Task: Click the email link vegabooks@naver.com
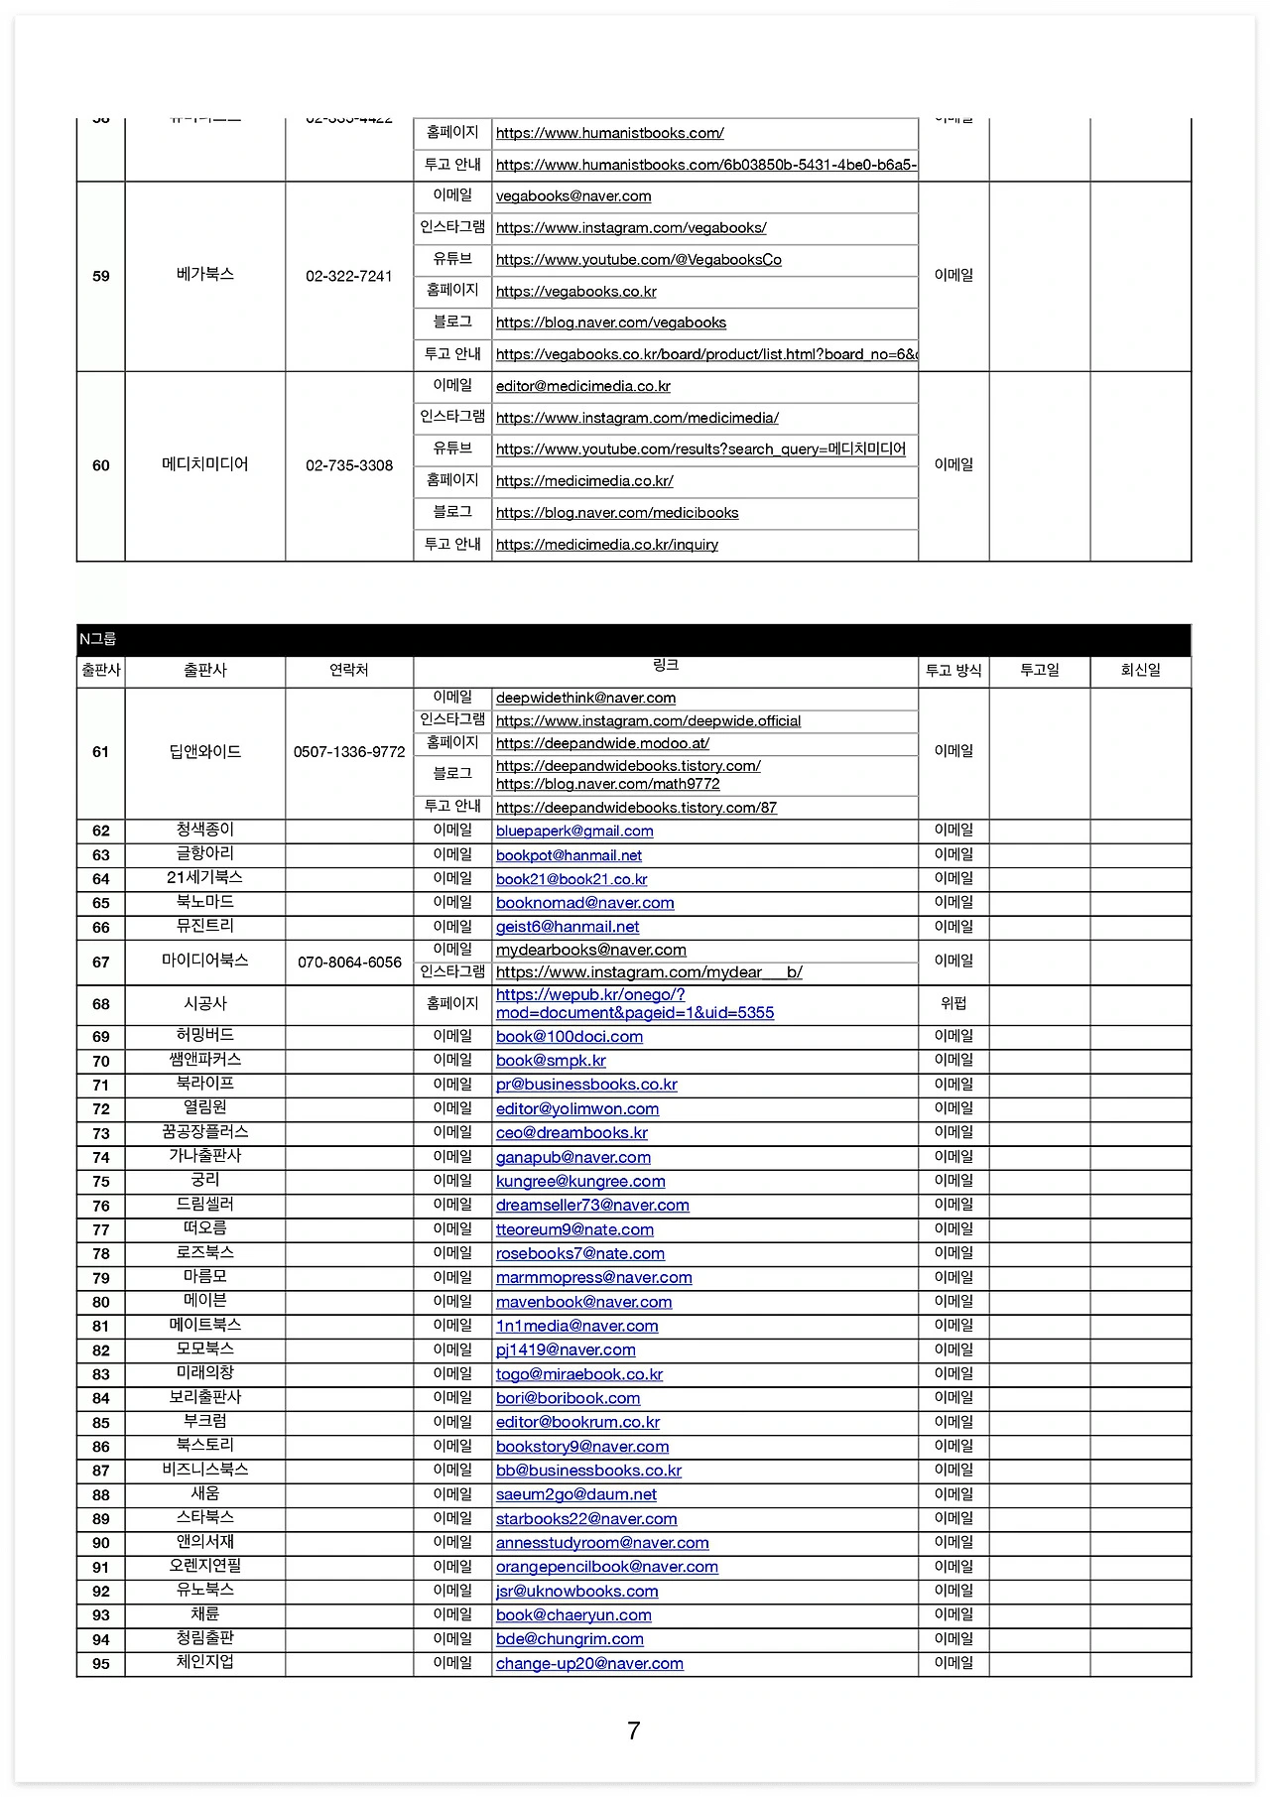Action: coord(573,196)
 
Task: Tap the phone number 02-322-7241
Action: coord(349,276)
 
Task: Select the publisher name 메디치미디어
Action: coord(205,464)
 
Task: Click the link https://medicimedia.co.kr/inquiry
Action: coord(606,545)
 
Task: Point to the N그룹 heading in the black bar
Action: coord(98,640)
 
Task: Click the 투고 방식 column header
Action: coord(953,671)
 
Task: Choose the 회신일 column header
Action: coord(1140,671)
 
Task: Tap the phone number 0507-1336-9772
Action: coord(349,752)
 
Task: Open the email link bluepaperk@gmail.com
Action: coord(574,832)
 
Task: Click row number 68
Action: coord(101,1004)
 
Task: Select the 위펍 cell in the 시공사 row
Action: coord(953,1003)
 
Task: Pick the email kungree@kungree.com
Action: coord(580,1182)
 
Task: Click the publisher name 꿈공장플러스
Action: coord(205,1132)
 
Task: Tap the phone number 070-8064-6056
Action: coord(349,963)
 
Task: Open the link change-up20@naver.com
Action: coord(589,1664)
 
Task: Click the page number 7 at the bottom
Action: coord(634,1732)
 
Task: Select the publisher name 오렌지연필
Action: coord(205,1566)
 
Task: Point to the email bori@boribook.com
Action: coord(568,1398)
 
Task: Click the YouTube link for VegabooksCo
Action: coord(638,260)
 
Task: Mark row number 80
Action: coord(101,1302)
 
